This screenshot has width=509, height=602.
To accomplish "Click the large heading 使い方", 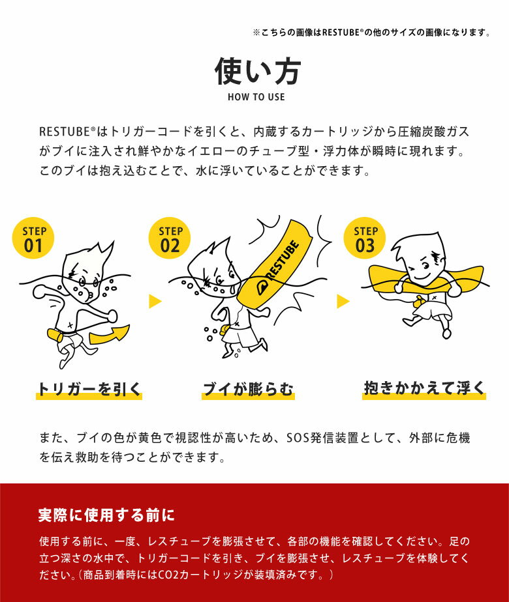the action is [257, 72].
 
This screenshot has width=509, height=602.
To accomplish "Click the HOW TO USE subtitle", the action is [256, 97].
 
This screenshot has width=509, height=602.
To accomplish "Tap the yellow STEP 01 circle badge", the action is [33, 238].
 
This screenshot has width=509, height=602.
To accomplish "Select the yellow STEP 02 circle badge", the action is [170, 238].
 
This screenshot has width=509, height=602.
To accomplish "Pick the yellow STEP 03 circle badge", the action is [364, 238].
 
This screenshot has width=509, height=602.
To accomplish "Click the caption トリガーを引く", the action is [89, 389].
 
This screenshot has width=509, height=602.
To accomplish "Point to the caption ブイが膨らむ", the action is [248, 389].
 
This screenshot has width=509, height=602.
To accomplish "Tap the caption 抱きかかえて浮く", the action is [424, 388].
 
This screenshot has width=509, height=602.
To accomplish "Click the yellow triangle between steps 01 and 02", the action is [155, 302].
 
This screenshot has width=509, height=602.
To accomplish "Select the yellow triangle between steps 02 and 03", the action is [343, 302].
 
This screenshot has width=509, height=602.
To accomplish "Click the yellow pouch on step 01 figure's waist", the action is [55, 335].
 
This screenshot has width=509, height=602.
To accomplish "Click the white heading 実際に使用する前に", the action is [106, 515].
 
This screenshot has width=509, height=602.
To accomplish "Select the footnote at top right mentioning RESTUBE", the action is [372, 33].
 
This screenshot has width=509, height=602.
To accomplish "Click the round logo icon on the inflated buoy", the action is [262, 287].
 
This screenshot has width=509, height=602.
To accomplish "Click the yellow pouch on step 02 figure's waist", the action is [224, 329].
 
